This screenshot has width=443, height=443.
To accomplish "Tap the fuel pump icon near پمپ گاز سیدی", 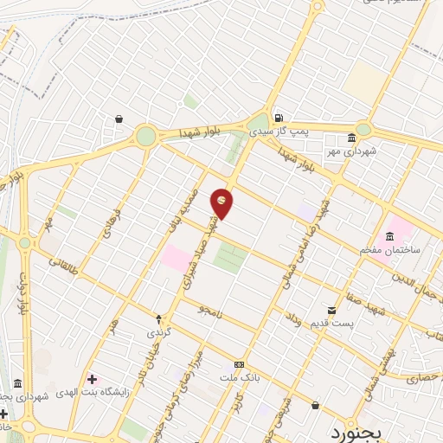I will tap(277, 119).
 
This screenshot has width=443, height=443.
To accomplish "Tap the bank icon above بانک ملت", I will tap(239, 364).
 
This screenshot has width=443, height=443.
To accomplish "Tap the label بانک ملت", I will tap(241, 378).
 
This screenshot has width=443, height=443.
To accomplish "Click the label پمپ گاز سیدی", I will tap(279, 132).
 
